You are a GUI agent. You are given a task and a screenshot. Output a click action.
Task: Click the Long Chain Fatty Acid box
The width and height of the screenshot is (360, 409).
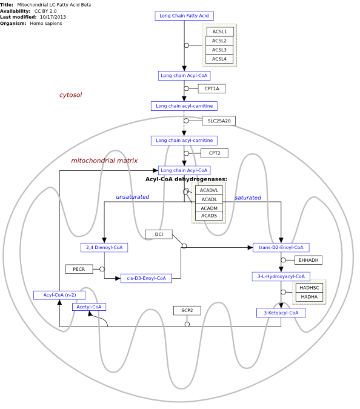184,16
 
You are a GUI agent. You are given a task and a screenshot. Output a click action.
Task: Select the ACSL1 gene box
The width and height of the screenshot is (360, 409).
220,32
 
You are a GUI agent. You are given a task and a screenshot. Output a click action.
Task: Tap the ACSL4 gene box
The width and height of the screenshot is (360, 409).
219,59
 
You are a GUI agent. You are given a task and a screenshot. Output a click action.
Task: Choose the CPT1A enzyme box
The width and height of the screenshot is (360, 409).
212,88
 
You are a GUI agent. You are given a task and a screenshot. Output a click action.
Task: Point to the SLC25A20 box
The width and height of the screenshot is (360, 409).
219,121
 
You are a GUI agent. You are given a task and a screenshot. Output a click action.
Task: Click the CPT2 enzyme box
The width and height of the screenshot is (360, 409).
215,153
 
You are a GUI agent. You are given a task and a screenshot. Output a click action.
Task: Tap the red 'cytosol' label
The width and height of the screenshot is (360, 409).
70,95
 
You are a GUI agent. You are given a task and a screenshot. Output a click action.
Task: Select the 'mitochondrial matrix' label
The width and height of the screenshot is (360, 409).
104,161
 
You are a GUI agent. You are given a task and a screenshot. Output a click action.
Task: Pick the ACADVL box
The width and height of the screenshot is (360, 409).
209,190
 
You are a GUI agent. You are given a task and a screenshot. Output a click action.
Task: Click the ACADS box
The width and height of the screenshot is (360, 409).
209,216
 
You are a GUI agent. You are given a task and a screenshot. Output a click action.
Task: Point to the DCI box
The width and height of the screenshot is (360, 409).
159,234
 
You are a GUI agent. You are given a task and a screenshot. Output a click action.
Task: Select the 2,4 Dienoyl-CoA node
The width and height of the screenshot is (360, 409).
104,247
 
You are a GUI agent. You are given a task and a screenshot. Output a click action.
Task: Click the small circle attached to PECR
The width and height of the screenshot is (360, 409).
102,269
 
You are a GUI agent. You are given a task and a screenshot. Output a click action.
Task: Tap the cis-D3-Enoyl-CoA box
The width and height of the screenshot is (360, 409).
146,278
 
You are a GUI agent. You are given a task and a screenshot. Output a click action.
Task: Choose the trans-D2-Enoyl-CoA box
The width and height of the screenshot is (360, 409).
281,247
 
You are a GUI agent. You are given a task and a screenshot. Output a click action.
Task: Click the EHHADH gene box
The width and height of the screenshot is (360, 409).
308,260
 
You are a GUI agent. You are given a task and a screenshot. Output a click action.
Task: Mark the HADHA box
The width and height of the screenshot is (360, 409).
309,297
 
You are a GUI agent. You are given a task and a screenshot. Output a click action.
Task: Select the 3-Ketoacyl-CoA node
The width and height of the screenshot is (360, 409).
281,313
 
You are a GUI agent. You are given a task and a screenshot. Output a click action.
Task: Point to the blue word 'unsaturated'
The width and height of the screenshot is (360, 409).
133,197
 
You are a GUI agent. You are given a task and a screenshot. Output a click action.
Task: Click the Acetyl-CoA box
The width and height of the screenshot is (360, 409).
89,307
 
